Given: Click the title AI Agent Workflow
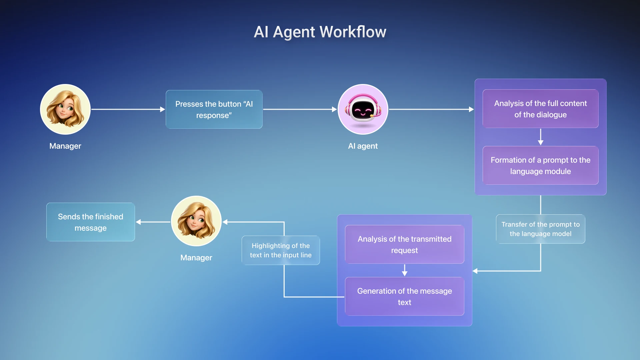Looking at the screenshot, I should tap(320, 32).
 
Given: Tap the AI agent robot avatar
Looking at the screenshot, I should tap(363, 109).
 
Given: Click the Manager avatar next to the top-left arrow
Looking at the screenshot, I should tap(65, 109).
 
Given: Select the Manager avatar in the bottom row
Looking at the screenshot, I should tap(196, 221).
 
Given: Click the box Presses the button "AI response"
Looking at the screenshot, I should tap(214, 109).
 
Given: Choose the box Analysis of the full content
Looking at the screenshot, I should tap(540, 109).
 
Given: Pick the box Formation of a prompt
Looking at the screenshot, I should tap(540, 165).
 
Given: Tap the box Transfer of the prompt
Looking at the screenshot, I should tap(540, 229).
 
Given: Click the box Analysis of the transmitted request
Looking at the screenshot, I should tap(404, 244).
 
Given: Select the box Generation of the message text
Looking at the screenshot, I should tap(404, 296).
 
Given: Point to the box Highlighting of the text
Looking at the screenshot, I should tap(281, 250).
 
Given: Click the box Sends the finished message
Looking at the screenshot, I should tap(91, 222).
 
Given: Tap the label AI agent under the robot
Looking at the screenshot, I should tap(363, 146).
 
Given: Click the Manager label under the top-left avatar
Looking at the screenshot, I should tap(65, 146).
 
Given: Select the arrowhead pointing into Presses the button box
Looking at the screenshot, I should tap(162, 109).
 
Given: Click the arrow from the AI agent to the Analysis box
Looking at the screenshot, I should tap(430, 109).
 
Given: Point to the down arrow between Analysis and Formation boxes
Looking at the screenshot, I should tap(540, 137).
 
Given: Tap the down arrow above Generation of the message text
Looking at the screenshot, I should tap(404, 270).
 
